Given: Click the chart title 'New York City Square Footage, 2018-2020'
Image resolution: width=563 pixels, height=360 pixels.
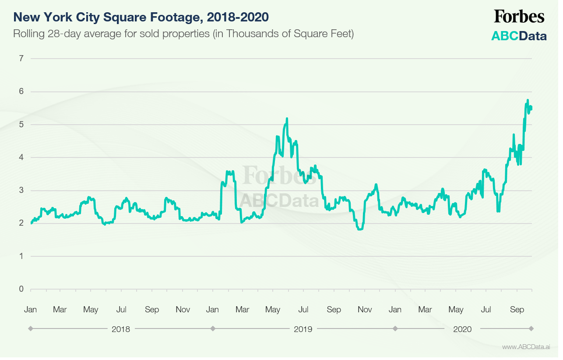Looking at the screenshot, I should click(x=141, y=17).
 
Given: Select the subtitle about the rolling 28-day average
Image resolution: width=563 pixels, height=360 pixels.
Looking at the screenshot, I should click(x=183, y=34).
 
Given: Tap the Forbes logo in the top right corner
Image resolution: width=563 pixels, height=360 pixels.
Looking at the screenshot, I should click(x=519, y=17).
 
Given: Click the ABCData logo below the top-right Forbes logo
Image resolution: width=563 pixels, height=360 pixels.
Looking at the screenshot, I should click(x=519, y=36).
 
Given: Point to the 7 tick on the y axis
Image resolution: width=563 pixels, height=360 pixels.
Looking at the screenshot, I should click(x=21, y=59).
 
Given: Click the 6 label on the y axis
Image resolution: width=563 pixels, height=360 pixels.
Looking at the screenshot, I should click(x=21, y=91).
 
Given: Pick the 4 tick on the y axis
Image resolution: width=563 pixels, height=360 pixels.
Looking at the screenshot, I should click(x=21, y=157).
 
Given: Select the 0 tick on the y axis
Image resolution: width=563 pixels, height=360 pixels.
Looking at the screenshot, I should click(x=21, y=289).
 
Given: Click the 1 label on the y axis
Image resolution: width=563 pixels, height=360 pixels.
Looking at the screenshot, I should click(x=21, y=256).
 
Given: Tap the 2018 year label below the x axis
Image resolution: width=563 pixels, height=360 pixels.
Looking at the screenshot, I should click(x=121, y=329).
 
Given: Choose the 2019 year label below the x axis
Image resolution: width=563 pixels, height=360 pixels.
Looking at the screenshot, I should click(x=303, y=329).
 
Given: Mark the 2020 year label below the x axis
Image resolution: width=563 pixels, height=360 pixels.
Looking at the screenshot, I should click(x=463, y=329).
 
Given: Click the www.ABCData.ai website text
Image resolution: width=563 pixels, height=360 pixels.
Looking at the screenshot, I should click(x=526, y=347).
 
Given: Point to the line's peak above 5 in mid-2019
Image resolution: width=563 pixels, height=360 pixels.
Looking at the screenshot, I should click(x=287, y=119).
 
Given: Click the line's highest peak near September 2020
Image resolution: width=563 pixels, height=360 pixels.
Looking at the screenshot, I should click(x=528, y=101).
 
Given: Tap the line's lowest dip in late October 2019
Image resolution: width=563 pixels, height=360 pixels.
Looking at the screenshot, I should click(x=360, y=229).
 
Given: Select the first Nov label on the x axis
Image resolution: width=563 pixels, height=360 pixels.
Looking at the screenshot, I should click(x=183, y=310).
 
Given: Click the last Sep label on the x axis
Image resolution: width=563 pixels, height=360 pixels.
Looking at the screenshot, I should click(x=517, y=310).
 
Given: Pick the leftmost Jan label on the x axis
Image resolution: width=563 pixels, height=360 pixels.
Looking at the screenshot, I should click(x=30, y=310).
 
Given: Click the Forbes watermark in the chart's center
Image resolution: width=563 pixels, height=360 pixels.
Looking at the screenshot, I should click(x=274, y=176).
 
